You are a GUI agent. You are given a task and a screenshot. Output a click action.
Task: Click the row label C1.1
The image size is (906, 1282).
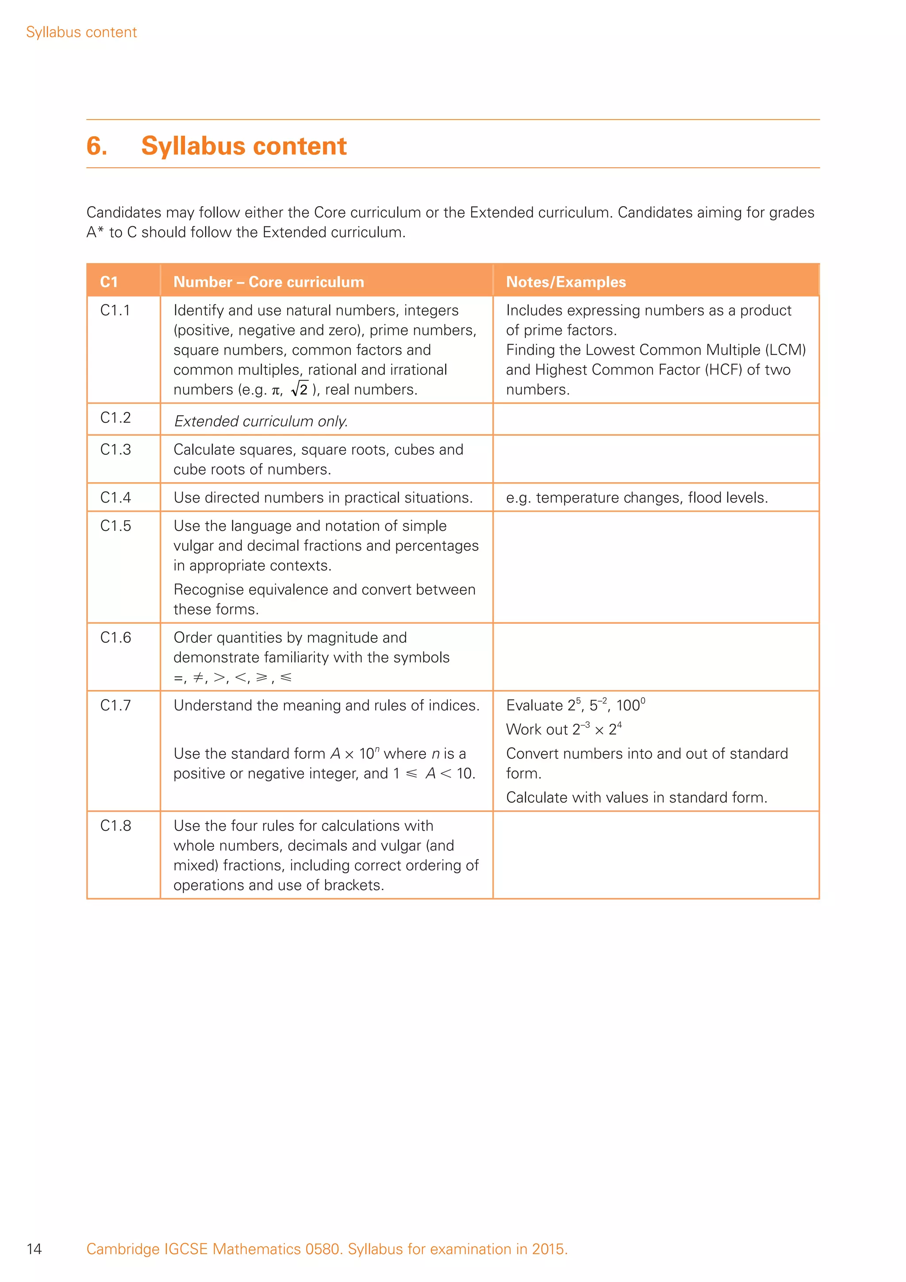115,311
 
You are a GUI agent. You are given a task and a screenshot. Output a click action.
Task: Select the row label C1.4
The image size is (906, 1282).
115,498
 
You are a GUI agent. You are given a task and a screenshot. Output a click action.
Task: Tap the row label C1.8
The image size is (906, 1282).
115,826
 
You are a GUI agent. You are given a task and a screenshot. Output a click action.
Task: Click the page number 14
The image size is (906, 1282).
34,1249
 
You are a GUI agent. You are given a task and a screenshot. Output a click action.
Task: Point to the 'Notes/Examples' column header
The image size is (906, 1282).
565,282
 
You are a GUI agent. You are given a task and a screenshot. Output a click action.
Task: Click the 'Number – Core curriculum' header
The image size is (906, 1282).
269,282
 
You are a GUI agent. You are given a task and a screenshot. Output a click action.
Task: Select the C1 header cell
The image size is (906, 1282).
109,282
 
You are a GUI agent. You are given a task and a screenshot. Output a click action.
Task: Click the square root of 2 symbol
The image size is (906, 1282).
300,389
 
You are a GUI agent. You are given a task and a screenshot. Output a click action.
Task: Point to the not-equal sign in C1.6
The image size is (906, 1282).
198,678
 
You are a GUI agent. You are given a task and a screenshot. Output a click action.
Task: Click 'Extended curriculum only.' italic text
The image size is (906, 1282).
261,422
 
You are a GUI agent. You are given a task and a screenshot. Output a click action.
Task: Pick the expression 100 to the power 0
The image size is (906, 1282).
630,705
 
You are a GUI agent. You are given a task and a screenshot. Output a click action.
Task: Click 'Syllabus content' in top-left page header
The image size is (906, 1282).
81,32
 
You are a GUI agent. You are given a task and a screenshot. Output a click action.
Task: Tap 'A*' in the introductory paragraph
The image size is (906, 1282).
95,232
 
